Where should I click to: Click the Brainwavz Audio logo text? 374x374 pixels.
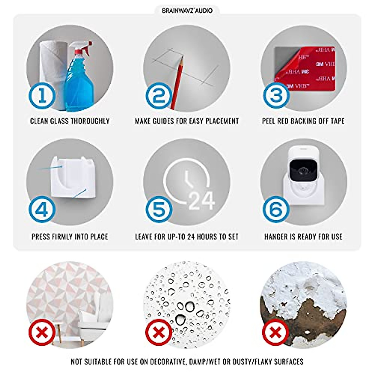[187, 11]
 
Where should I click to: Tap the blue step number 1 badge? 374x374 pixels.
[42, 96]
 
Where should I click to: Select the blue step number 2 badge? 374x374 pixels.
[159, 96]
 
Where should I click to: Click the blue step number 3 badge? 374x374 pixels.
[276, 96]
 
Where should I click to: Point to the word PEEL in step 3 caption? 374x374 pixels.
[269, 121]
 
